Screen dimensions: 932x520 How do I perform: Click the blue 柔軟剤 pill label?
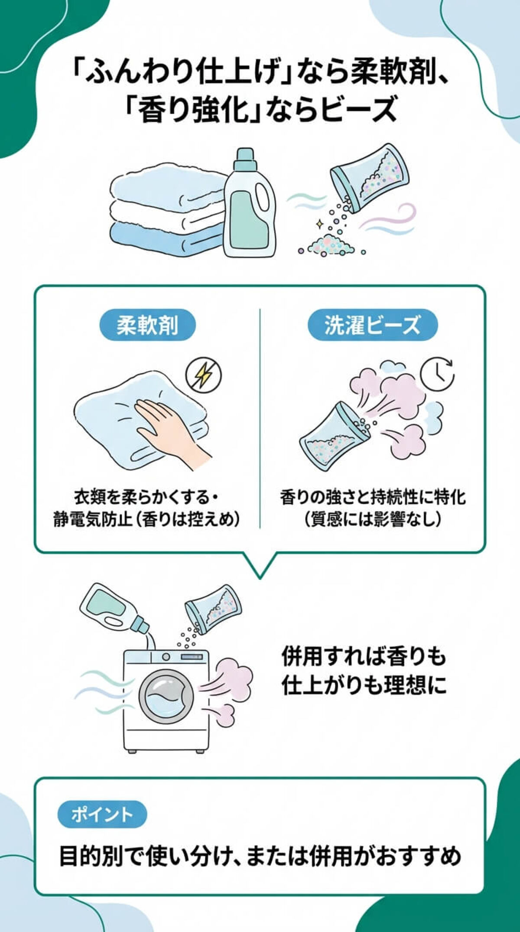point(147,324)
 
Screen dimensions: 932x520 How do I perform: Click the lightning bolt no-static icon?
point(203,375)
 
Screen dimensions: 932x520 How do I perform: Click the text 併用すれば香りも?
point(363,657)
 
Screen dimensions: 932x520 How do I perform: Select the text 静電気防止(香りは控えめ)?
point(146,519)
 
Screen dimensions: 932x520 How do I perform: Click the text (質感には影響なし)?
point(373,519)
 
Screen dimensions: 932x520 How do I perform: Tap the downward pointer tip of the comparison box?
point(260,576)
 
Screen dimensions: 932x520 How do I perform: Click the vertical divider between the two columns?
point(260,418)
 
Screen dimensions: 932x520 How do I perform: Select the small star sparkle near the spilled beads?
point(319,223)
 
